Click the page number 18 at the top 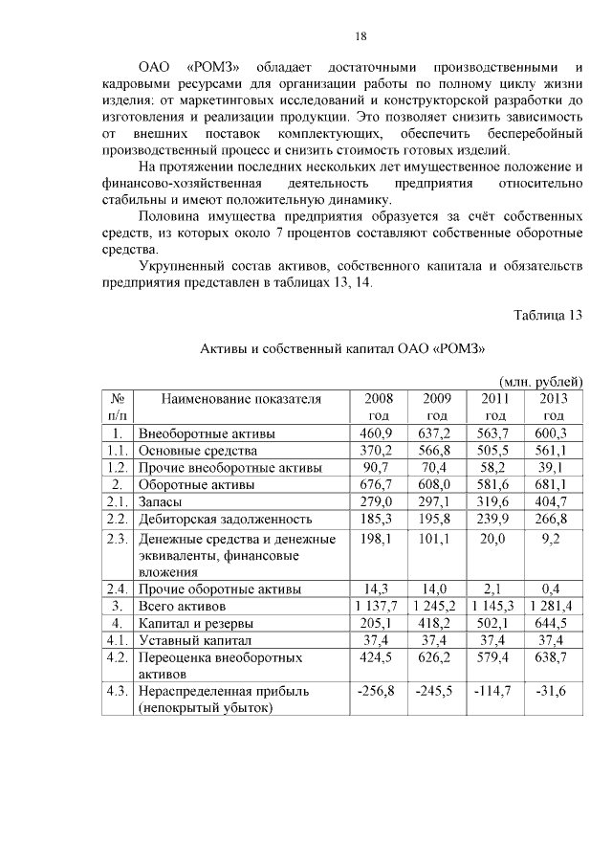(361, 36)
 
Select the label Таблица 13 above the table (547, 315)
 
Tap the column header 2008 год (379, 407)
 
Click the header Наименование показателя (241, 398)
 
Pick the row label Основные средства (198, 451)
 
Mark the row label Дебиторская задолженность (226, 519)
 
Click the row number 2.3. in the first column (119, 539)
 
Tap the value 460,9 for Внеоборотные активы (379, 433)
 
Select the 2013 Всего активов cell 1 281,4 (553, 606)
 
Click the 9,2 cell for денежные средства (553, 539)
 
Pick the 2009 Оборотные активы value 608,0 (437, 485)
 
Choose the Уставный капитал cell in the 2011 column (495, 640)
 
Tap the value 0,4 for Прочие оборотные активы (553, 588)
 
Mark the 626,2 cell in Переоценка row (437, 657)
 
